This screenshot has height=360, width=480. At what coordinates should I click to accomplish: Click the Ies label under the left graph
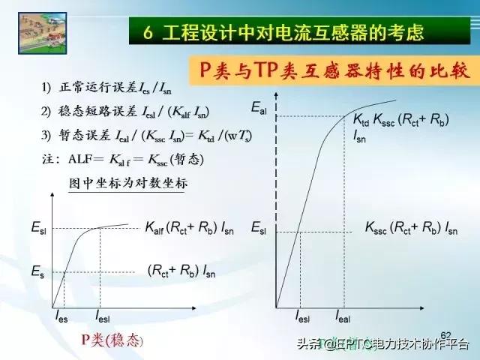[x=61, y=319]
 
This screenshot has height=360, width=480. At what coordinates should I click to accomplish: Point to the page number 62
[x=446, y=334]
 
